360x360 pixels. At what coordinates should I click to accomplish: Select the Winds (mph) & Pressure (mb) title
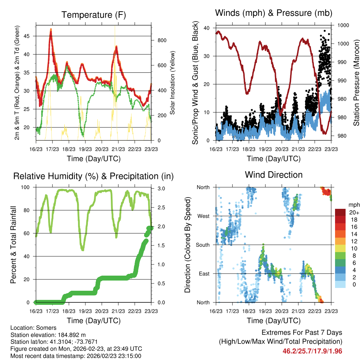coord(274,13)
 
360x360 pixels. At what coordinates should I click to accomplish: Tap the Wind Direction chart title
coord(274,175)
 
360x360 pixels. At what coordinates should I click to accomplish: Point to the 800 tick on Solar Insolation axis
coord(162,40)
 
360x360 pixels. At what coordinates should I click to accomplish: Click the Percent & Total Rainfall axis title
coord(13,245)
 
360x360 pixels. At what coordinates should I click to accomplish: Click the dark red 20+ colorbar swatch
coord(340,213)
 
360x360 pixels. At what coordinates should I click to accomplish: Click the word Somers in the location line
coord(39,328)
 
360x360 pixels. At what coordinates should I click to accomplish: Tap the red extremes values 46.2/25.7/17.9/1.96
coord(312,351)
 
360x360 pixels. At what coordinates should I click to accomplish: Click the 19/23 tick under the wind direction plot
coord(265,311)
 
